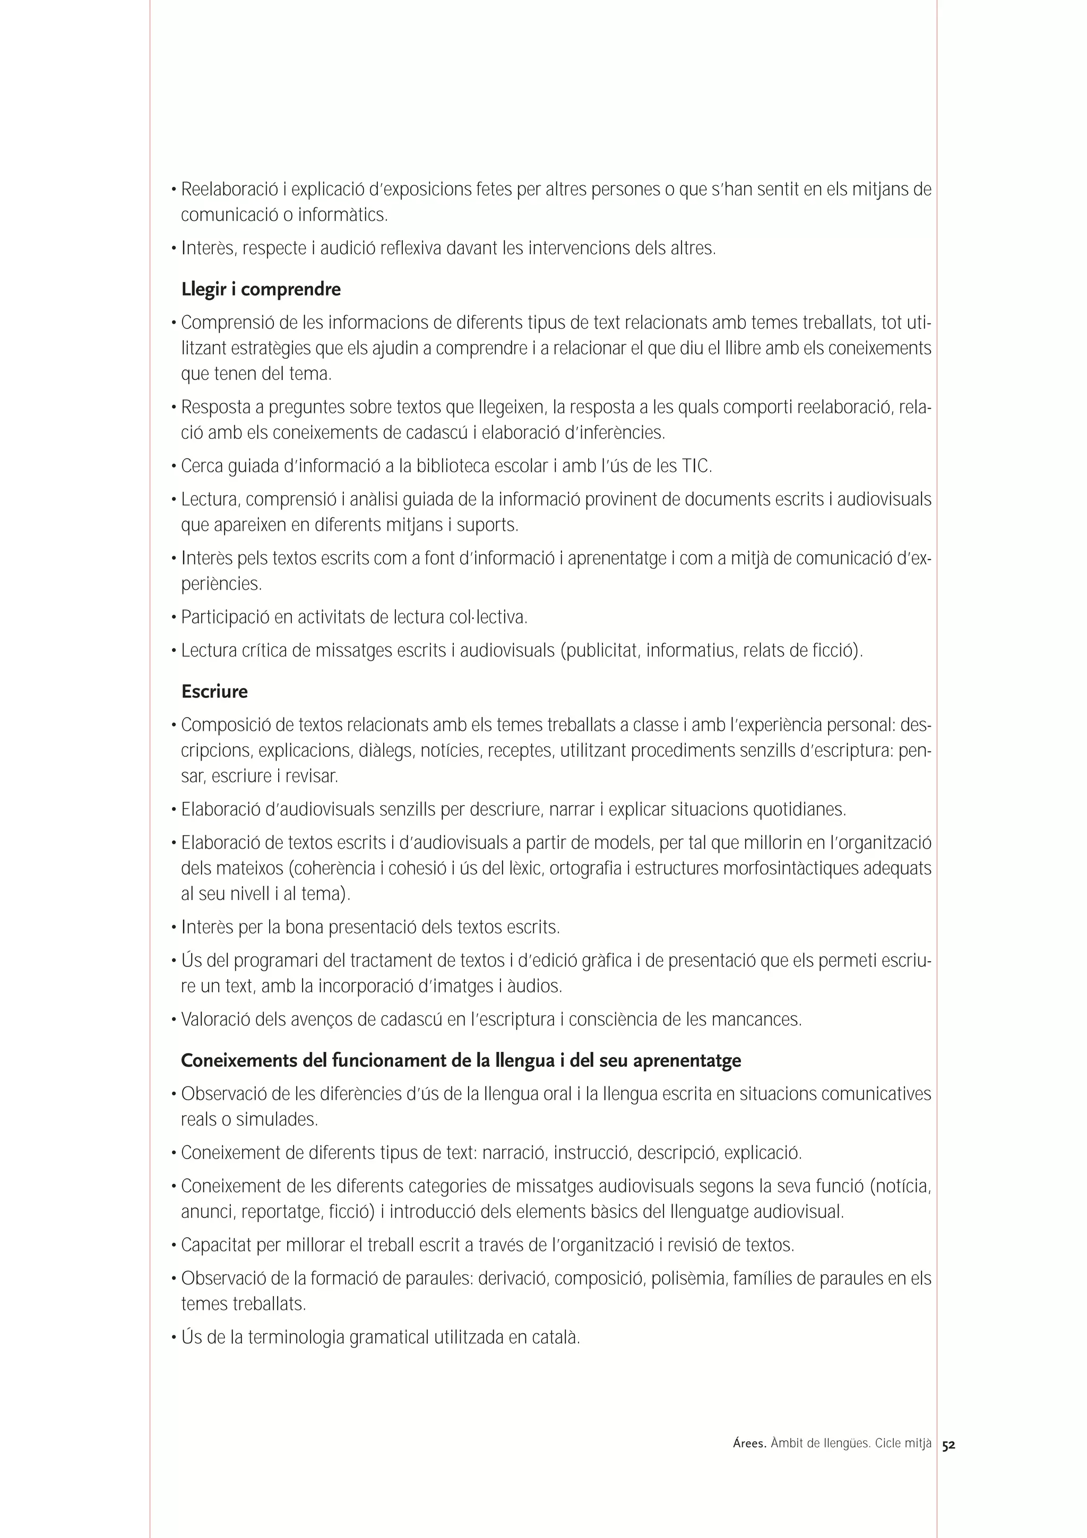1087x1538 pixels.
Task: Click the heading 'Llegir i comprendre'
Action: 261,289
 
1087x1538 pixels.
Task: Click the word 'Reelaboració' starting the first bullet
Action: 229,189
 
